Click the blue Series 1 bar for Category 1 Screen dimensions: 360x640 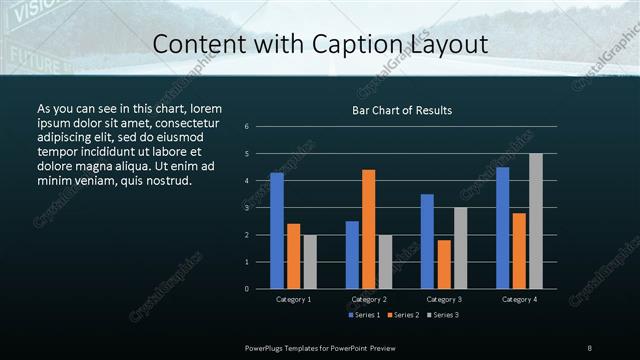(277, 230)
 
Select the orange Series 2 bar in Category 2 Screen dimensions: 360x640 (369, 229)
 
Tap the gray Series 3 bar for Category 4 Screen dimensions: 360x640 (536, 221)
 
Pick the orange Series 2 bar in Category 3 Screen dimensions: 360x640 (444, 264)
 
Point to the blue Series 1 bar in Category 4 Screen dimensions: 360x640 (502, 228)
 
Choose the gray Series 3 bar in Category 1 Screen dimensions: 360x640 (310, 261)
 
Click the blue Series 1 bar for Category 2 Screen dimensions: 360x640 (352, 254)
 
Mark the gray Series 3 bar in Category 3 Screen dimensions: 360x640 (461, 248)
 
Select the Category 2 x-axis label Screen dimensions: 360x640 (369, 299)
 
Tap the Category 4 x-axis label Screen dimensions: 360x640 (519, 299)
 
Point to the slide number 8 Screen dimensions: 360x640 (590, 347)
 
